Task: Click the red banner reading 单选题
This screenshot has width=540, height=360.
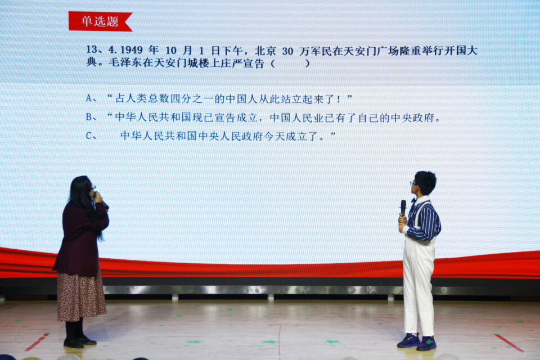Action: tap(100, 21)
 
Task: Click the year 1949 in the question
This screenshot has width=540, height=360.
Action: tap(131, 50)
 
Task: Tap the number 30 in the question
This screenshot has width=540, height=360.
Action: tap(287, 52)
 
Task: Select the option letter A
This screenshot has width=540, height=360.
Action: tap(90, 98)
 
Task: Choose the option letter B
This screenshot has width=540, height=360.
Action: tap(90, 117)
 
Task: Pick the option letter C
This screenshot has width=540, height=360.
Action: tap(89, 136)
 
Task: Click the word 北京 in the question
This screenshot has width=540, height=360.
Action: tap(265, 51)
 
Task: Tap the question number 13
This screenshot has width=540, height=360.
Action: tap(92, 49)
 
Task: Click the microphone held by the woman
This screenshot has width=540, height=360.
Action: tap(101, 200)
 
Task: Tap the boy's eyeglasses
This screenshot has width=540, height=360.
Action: tap(412, 183)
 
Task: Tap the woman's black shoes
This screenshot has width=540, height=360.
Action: tap(79, 342)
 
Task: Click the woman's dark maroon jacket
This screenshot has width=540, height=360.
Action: tap(81, 238)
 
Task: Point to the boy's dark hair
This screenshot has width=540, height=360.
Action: tap(426, 182)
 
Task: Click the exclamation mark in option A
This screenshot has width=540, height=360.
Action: tap(339, 100)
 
